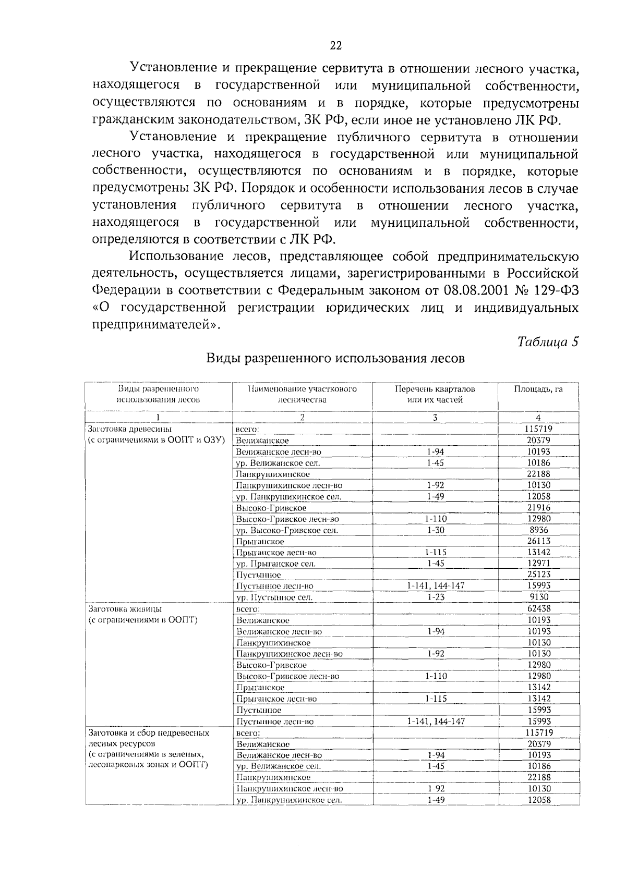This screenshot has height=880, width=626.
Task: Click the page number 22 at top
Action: pos(335,46)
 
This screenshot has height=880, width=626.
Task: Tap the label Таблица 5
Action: pos(548,342)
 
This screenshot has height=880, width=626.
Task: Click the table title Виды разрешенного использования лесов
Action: pos(335,359)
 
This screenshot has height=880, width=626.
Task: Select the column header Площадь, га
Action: pos(538,389)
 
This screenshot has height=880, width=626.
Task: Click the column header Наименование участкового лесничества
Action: pos(302,395)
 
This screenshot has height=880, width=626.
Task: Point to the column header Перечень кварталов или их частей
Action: pos(435,395)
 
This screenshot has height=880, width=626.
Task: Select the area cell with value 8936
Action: pos(538,530)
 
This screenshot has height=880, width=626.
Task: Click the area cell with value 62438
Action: pos(538,608)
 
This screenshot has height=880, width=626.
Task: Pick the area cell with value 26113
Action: pos(538,541)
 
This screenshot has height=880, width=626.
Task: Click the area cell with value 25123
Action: pos(538,575)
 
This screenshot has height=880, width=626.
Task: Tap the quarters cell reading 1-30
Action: pos(435,530)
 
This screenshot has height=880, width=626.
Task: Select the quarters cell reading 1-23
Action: pos(435,597)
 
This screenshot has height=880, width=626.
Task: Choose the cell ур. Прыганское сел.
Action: pos(276,564)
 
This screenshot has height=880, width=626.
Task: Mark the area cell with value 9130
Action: pos(538,597)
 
